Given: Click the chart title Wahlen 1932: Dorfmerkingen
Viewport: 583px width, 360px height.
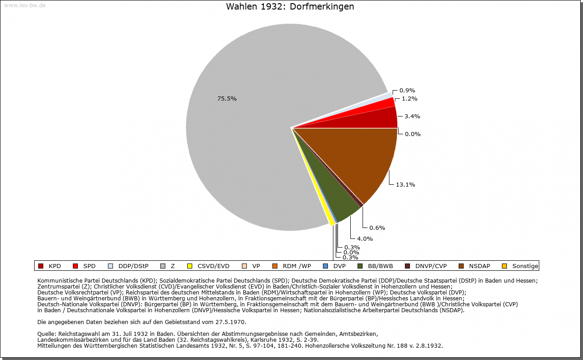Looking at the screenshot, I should tap(290, 7).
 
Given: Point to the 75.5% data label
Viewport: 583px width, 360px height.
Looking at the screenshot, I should tap(227, 98).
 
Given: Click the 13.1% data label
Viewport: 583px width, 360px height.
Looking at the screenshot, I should tap(405, 184).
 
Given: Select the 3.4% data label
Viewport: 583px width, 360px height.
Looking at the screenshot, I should tap(412, 116).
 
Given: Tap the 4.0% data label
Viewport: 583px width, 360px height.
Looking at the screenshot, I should tap(365, 238).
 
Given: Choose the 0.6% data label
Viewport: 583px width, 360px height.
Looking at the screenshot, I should tap(377, 228).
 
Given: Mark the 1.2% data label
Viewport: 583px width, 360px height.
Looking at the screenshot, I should tap(409, 98).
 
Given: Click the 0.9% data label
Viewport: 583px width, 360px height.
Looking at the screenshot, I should tap(407, 90).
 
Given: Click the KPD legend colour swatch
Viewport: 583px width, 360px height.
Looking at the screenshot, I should tap(41, 266).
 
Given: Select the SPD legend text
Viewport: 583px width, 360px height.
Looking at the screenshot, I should tap(89, 266).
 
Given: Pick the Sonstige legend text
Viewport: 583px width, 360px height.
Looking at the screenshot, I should tap(525, 266).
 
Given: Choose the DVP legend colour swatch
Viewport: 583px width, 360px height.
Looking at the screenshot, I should tap(325, 266).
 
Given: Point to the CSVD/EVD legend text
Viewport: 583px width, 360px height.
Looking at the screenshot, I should tap(213, 266).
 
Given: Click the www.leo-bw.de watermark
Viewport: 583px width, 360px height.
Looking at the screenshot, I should tap(25, 5).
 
